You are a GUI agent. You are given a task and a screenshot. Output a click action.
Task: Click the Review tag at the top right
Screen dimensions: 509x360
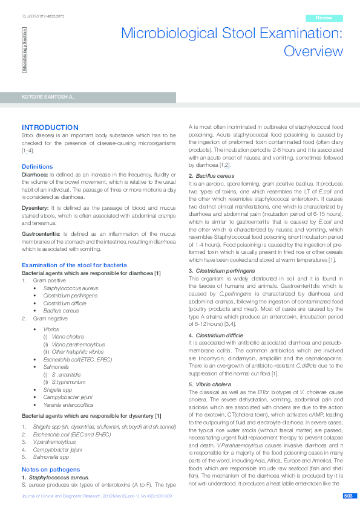point(324,18)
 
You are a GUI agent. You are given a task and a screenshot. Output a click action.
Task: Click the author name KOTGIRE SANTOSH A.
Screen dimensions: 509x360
point(48,97)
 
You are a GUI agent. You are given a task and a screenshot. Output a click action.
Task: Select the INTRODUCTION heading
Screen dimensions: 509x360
point(50,128)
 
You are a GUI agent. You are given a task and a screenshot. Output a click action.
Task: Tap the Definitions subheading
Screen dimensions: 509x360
point(38,166)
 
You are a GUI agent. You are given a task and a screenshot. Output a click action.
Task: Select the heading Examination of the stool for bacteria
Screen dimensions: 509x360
point(74,265)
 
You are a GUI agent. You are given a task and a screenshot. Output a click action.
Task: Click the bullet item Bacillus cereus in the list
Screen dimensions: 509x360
point(61,311)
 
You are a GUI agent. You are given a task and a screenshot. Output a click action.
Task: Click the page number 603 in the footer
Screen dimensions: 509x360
point(348,496)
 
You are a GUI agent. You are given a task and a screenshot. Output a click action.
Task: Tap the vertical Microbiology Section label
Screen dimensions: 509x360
point(25,52)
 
